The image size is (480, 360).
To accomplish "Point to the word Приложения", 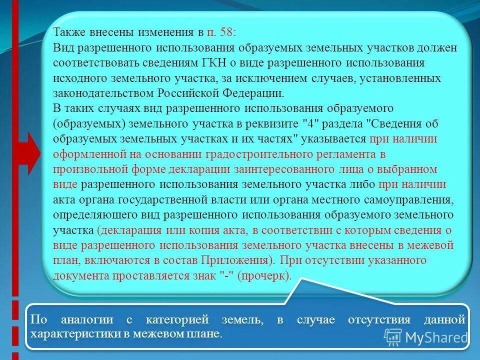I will pos(234,260).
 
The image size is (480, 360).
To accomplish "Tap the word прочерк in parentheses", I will pos(270,276).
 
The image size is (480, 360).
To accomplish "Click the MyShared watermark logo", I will pos(425,337).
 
